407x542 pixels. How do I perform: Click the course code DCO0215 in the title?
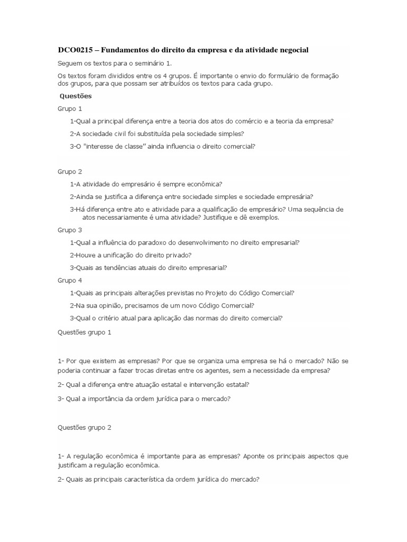click(75, 50)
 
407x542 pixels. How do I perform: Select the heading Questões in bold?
click(76, 96)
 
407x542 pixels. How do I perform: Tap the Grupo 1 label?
click(70, 109)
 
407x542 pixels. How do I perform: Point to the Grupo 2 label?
click(70, 171)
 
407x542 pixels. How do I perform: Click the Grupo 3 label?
click(70, 230)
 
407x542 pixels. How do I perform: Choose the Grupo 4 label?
click(70, 280)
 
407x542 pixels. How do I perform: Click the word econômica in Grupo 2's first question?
click(206, 184)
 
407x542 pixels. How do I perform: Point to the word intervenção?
click(192, 384)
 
